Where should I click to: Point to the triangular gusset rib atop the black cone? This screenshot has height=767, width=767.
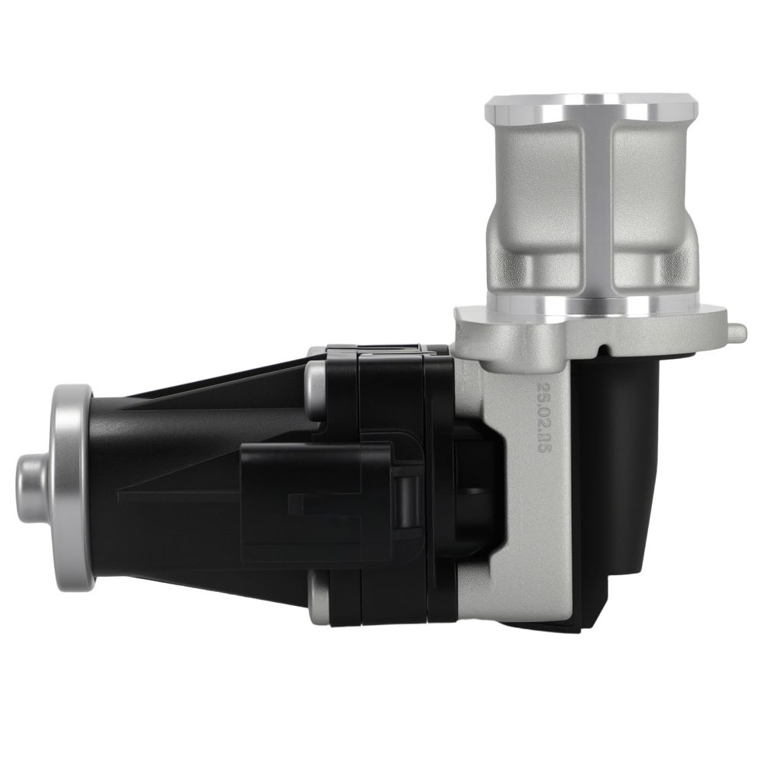point(230,383)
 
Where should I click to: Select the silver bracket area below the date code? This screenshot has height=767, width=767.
point(537,552)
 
